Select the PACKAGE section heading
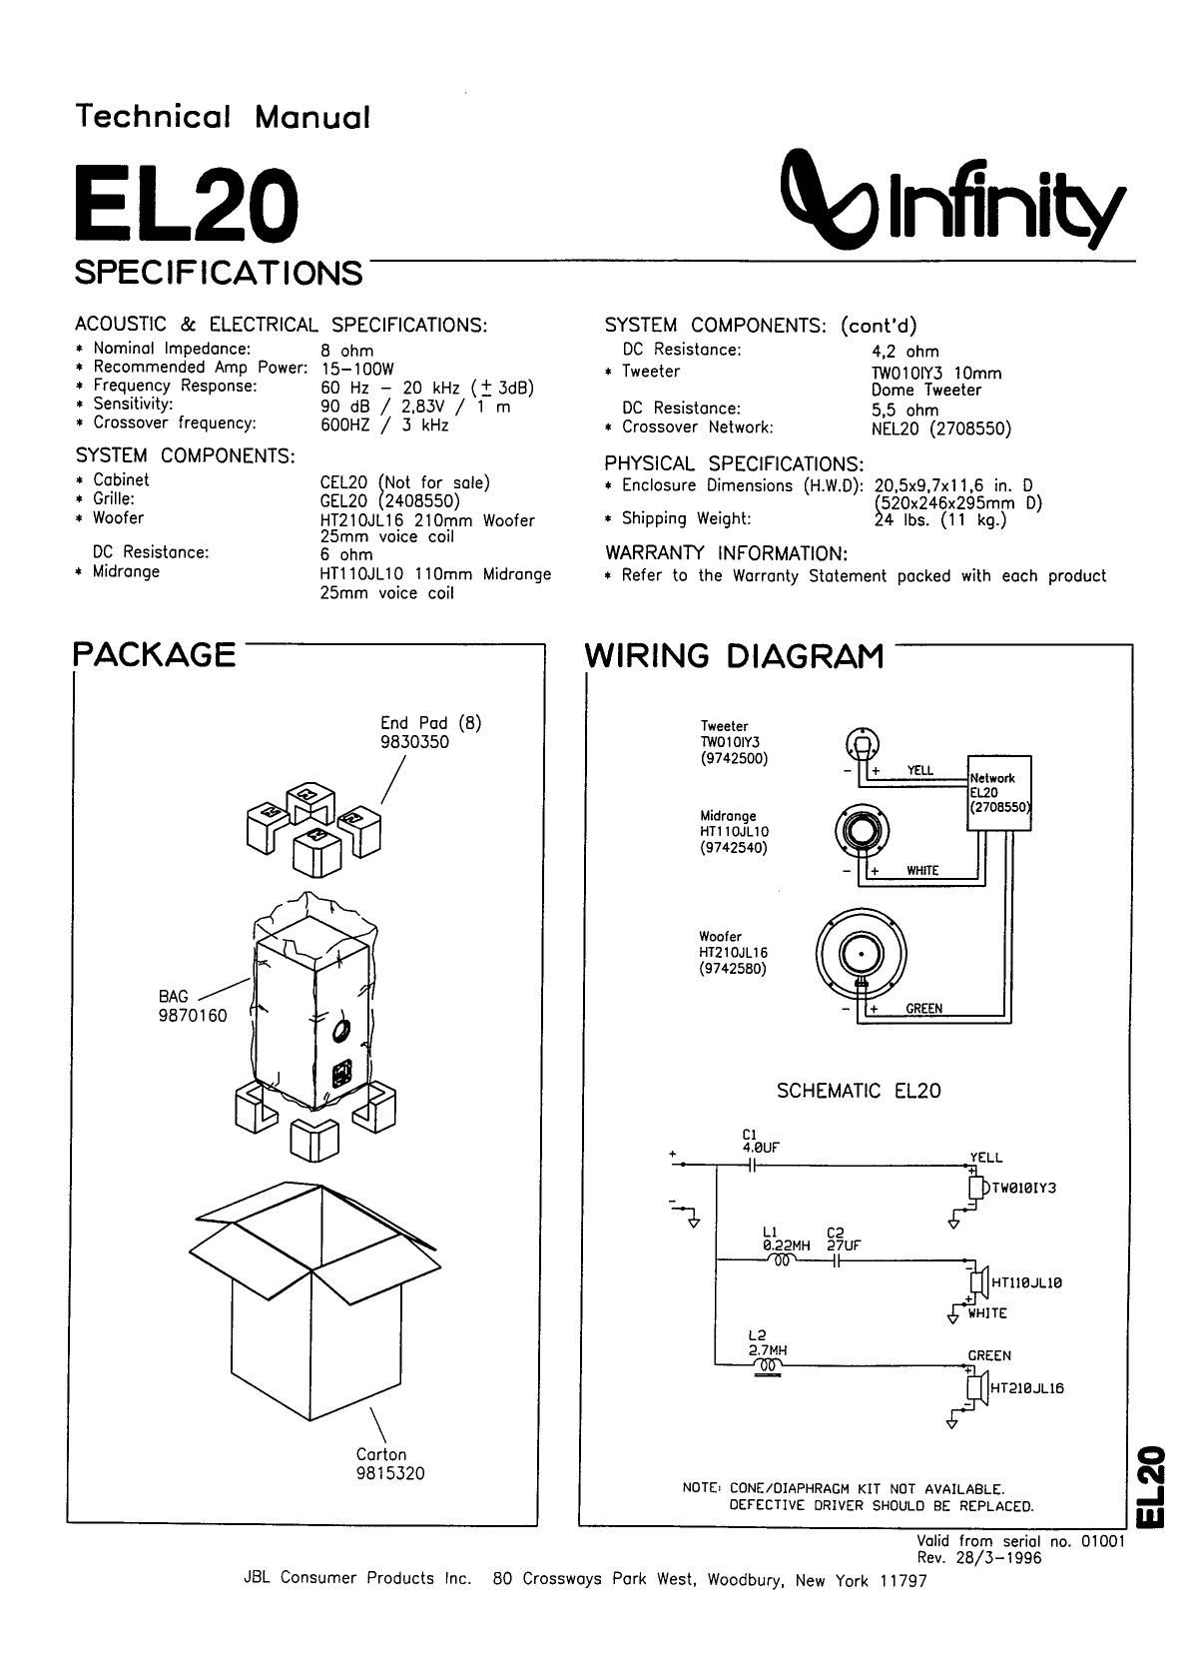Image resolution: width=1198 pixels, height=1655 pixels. pyautogui.click(x=155, y=654)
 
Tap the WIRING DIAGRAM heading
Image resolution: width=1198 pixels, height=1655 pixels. pyautogui.click(x=734, y=656)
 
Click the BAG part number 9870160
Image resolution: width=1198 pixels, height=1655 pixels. pyautogui.click(x=193, y=1016)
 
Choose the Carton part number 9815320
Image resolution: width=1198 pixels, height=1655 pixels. pyautogui.click(x=390, y=1473)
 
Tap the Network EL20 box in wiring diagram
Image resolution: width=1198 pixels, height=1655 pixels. pyautogui.click(x=998, y=792)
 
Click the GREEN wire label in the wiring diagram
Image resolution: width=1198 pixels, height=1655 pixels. pyautogui.click(x=923, y=1009)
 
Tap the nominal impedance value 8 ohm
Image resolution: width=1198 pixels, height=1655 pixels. pyautogui.click(x=347, y=351)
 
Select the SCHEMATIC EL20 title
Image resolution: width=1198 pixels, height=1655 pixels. pyautogui.click(x=859, y=1091)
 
